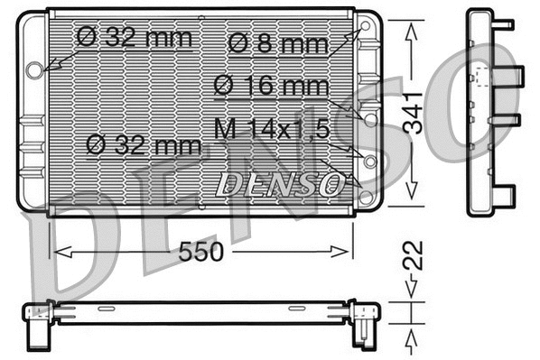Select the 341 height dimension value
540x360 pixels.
pos(413,113)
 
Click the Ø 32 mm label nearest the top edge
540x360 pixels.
pos(135,37)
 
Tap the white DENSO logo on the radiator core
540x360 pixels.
pos(281,184)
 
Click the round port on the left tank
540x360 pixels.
pos(35,69)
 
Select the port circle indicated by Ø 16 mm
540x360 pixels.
pos(369,117)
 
